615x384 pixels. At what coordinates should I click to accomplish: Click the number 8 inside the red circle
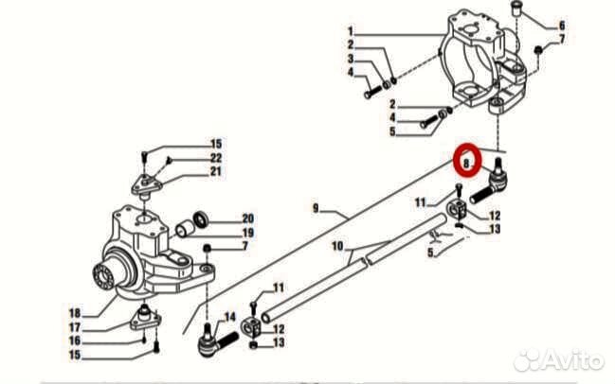tap(466, 164)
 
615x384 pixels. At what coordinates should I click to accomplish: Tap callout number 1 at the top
tap(350, 30)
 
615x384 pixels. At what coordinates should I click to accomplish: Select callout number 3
tap(350, 59)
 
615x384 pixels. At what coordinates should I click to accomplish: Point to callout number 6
tap(561, 25)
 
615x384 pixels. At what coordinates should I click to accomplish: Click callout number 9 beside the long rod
tap(316, 205)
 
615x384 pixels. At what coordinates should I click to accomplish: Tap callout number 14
tap(228, 316)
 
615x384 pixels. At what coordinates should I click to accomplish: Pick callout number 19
tap(247, 232)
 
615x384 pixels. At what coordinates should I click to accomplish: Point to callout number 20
tap(247, 218)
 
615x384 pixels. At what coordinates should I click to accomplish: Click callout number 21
tap(216, 171)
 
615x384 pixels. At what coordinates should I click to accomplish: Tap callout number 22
tap(216, 157)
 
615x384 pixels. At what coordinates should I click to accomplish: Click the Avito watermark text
tap(570, 360)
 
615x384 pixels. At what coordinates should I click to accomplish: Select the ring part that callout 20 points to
tap(201, 218)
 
